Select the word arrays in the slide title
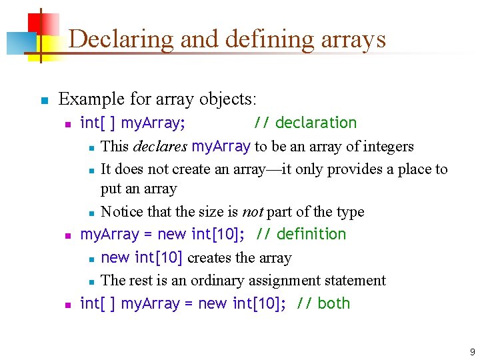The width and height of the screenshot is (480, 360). [x=353, y=39]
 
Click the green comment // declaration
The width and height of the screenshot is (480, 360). [x=305, y=123]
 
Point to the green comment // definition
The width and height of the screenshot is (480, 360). [x=301, y=234]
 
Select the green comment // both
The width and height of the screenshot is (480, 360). [x=323, y=303]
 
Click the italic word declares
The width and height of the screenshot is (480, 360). [x=161, y=147]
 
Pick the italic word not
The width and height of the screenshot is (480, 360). [x=252, y=212]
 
